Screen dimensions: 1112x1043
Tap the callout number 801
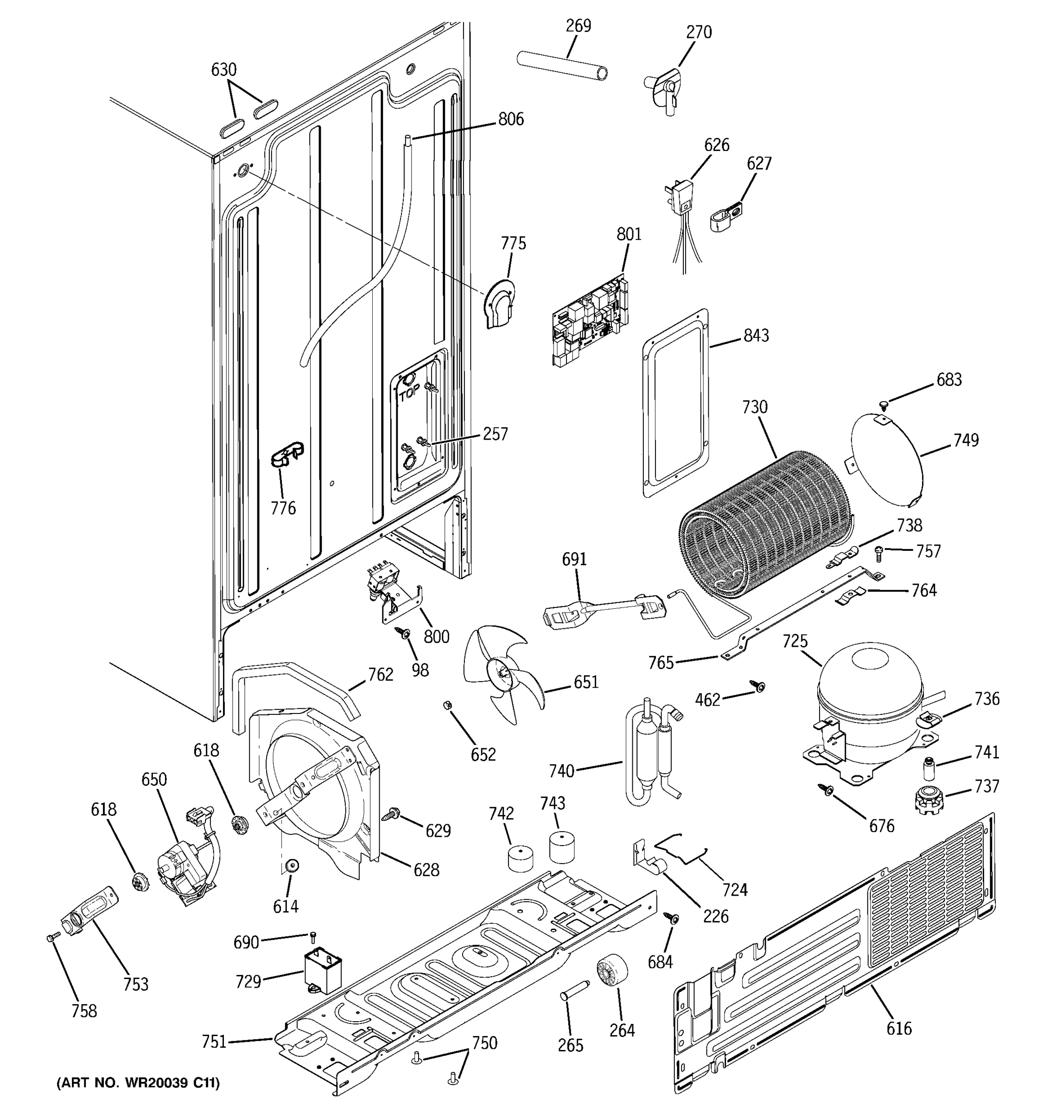tap(629, 234)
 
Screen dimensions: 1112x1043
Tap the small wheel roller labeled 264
tap(611, 972)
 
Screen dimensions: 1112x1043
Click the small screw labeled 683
tap(883, 403)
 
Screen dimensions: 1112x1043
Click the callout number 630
tap(223, 69)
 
